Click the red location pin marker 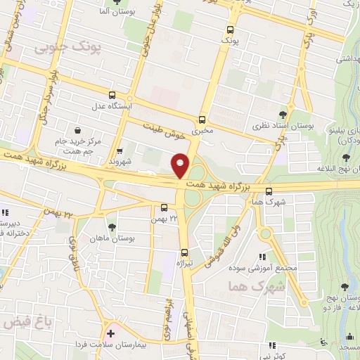coord(181,166)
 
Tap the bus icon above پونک coord(230,30)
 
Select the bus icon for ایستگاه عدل coord(112,95)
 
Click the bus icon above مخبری coord(202,120)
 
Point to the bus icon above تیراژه coord(185,252)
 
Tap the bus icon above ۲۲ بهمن coord(164,207)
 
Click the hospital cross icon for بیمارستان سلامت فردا coord(110,331)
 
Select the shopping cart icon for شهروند coord(120,150)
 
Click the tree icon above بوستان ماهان coord(112,226)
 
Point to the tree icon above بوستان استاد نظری coord(283,115)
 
